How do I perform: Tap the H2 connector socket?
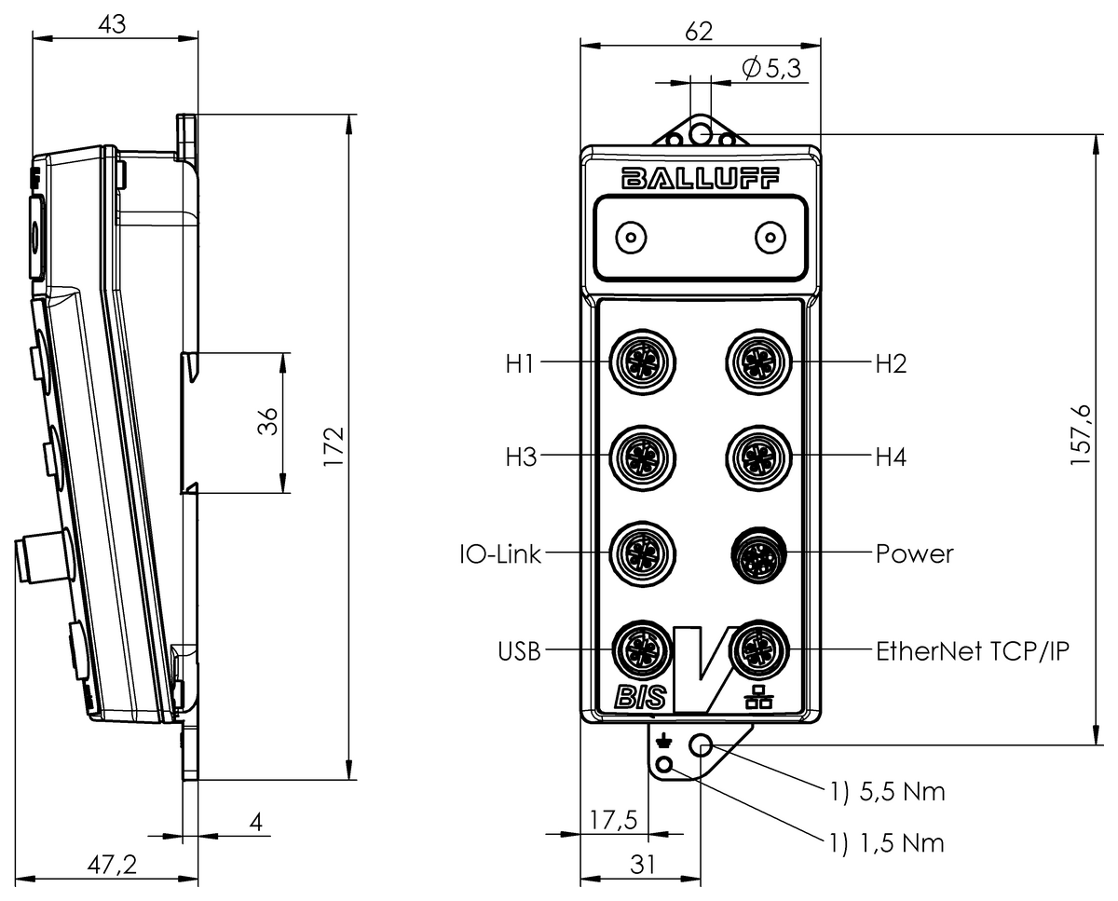[x=758, y=361]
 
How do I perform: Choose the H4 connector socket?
[x=758, y=457]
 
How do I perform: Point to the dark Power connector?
[x=758, y=553]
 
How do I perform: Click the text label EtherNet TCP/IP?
[x=972, y=650]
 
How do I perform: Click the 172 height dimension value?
[x=334, y=446]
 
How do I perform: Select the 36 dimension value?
[x=267, y=422]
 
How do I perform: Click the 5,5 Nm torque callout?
[x=887, y=792]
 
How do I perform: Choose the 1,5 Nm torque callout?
[x=887, y=843]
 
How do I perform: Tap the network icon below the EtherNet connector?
[x=759, y=696]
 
